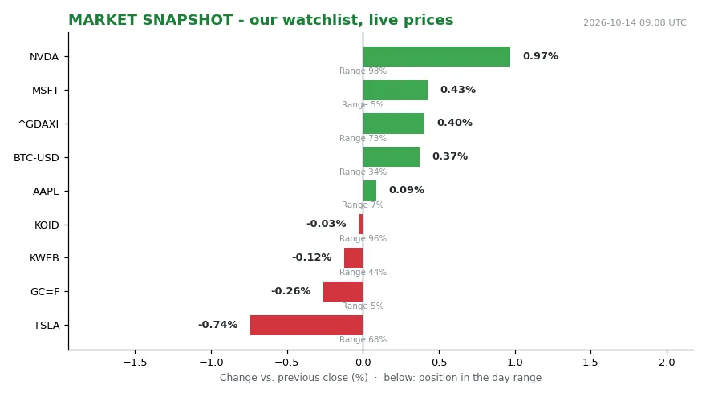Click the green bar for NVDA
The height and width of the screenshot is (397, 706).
coord(436,57)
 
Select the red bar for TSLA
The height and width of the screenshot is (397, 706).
coord(306,325)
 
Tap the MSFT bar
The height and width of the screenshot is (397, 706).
coord(395,90)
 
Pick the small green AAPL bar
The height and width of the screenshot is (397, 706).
coord(370,190)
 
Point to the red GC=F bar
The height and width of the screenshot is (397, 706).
coord(343,292)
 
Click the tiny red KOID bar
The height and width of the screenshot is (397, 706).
coord(361,224)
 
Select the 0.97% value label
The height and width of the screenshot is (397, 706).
coord(540,56)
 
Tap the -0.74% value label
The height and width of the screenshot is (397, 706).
coord(218,325)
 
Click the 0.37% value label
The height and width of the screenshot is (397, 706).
coord(450,156)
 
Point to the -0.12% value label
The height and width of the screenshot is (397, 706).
coord(311,257)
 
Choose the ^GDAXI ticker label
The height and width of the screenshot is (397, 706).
coord(39,124)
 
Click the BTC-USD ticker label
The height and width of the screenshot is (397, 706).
coord(36,158)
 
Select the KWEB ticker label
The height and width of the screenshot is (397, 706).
coord(44,258)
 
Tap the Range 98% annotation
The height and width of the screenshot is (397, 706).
coord(363,71)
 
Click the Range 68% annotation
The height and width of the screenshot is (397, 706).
coord(363,339)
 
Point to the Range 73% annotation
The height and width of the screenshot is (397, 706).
coord(363,138)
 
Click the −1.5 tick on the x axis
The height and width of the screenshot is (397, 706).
coord(135,363)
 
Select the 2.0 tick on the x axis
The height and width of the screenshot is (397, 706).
coord(667,363)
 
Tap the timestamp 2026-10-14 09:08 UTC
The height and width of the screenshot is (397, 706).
coord(635,22)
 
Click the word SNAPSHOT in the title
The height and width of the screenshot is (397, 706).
coord(187,20)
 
